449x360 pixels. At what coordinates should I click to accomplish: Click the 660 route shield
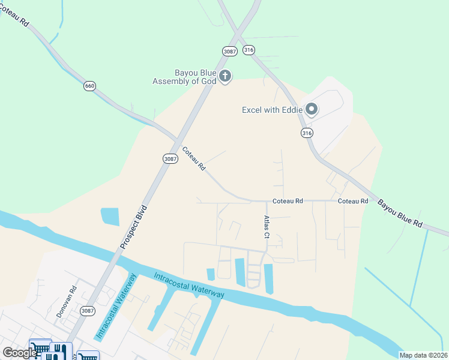(89, 86)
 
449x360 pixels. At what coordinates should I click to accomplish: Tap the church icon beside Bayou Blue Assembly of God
(225, 76)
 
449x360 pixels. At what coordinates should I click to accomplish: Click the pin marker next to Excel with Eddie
(312, 109)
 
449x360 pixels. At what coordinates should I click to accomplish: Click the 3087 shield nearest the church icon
(229, 51)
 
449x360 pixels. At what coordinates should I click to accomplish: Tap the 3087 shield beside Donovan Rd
(88, 310)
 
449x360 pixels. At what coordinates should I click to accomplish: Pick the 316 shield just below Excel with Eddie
(307, 132)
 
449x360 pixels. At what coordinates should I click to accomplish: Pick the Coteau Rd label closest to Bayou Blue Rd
(353, 201)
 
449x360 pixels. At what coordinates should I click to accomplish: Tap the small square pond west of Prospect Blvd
(110, 216)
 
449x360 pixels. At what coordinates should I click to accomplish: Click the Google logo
(19, 353)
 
